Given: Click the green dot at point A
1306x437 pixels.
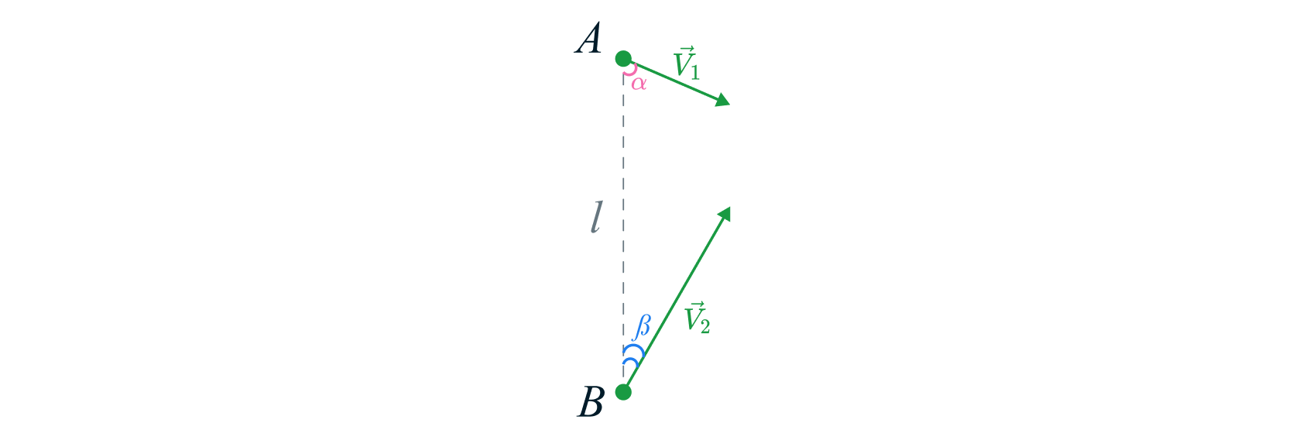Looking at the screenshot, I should coord(623,59).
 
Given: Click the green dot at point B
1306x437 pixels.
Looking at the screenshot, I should coord(623,391).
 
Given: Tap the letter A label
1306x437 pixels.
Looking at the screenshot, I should coord(589,40).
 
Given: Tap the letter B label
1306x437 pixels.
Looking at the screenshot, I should coord(591,403).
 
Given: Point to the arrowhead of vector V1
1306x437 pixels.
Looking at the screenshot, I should coord(723,101).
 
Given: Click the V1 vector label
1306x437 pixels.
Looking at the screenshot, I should coord(687,64).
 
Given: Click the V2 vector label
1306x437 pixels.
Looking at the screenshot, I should coord(697,318).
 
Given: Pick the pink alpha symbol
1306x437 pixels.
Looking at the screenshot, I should coord(639,82).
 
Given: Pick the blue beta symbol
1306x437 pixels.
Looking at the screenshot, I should coord(642,327).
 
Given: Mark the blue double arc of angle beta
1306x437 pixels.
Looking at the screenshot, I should coord(632,356).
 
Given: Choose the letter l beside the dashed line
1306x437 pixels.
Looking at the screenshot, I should coord(595,218).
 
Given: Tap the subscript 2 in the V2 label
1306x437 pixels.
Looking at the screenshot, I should coord(704,326).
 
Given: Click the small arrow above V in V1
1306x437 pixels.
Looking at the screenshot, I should coord(684,50).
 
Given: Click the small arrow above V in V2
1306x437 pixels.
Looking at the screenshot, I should coord(694,304).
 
